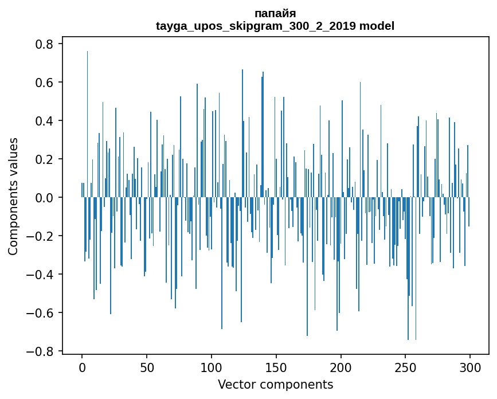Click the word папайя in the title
275,14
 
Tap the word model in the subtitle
377,26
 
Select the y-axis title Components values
13,196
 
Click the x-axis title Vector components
275,384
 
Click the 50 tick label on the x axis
147,367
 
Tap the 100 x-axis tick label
212,367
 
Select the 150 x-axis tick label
276,367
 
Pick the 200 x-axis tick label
341,367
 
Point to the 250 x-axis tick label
406,367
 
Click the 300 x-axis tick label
471,367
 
